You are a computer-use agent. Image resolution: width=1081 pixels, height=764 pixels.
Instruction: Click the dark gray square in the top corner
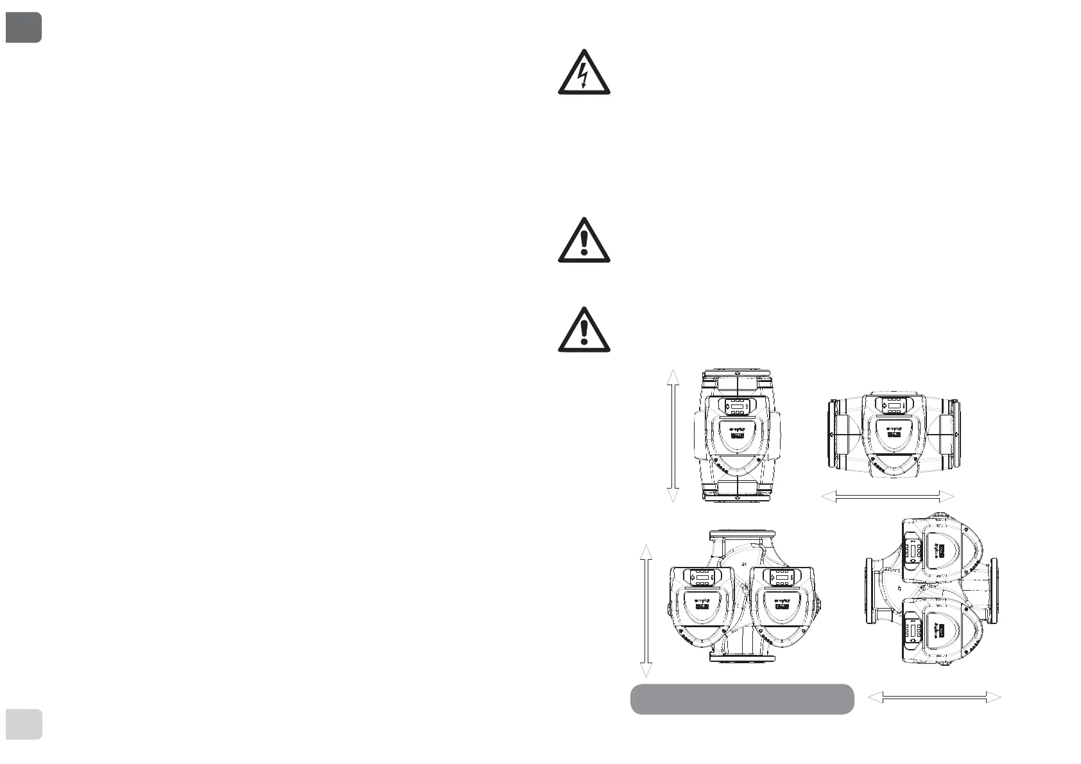pyautogui.click(x=24, y=27)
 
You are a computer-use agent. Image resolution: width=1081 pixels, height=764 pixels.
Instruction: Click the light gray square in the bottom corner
pyautogui.click(x=24, y=724)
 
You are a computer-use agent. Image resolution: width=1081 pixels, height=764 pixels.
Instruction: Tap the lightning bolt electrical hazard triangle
pyautogui.click(x=584, y=74)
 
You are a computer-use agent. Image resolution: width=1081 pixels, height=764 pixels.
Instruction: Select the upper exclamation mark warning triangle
pyautogui.click(x=584, y=241)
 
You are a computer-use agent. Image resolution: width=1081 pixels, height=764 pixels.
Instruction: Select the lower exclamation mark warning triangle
pyautogui.click(x=584, y=331)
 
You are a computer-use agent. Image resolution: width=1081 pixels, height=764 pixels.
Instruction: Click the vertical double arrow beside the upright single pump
pyautogui.click(x=673, y=436)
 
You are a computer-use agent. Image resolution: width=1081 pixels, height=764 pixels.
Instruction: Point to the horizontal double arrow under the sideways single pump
pyautogui.click(x=888, y=496)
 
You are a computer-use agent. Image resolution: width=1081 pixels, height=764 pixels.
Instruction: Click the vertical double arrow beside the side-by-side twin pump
pyautogui.click(x=646, y=611)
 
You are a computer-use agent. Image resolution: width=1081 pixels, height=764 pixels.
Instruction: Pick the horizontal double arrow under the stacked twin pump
pyautogui.click(x=934, y=697)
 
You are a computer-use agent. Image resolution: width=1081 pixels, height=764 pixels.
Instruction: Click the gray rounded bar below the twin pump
pyautogui.click(x=742, y=699)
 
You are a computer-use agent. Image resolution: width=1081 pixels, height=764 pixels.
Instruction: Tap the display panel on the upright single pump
pyautogui.click(x=737, y=406)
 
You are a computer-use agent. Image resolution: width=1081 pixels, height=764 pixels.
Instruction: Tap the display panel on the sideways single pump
pyautogui.click(x=893, y=406)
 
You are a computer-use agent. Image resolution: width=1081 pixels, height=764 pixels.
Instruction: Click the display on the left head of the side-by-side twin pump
pyautogui.click(x=703, y=578)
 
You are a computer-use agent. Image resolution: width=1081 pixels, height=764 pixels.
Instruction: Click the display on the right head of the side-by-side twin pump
pyautogui.click(x=782, y=578)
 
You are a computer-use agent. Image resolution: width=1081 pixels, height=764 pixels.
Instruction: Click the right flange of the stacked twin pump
pyautogui.click(x=994, y=591)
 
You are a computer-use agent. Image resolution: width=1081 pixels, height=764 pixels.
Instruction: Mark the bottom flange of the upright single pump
pyautogui.click(x=737, y=495)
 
